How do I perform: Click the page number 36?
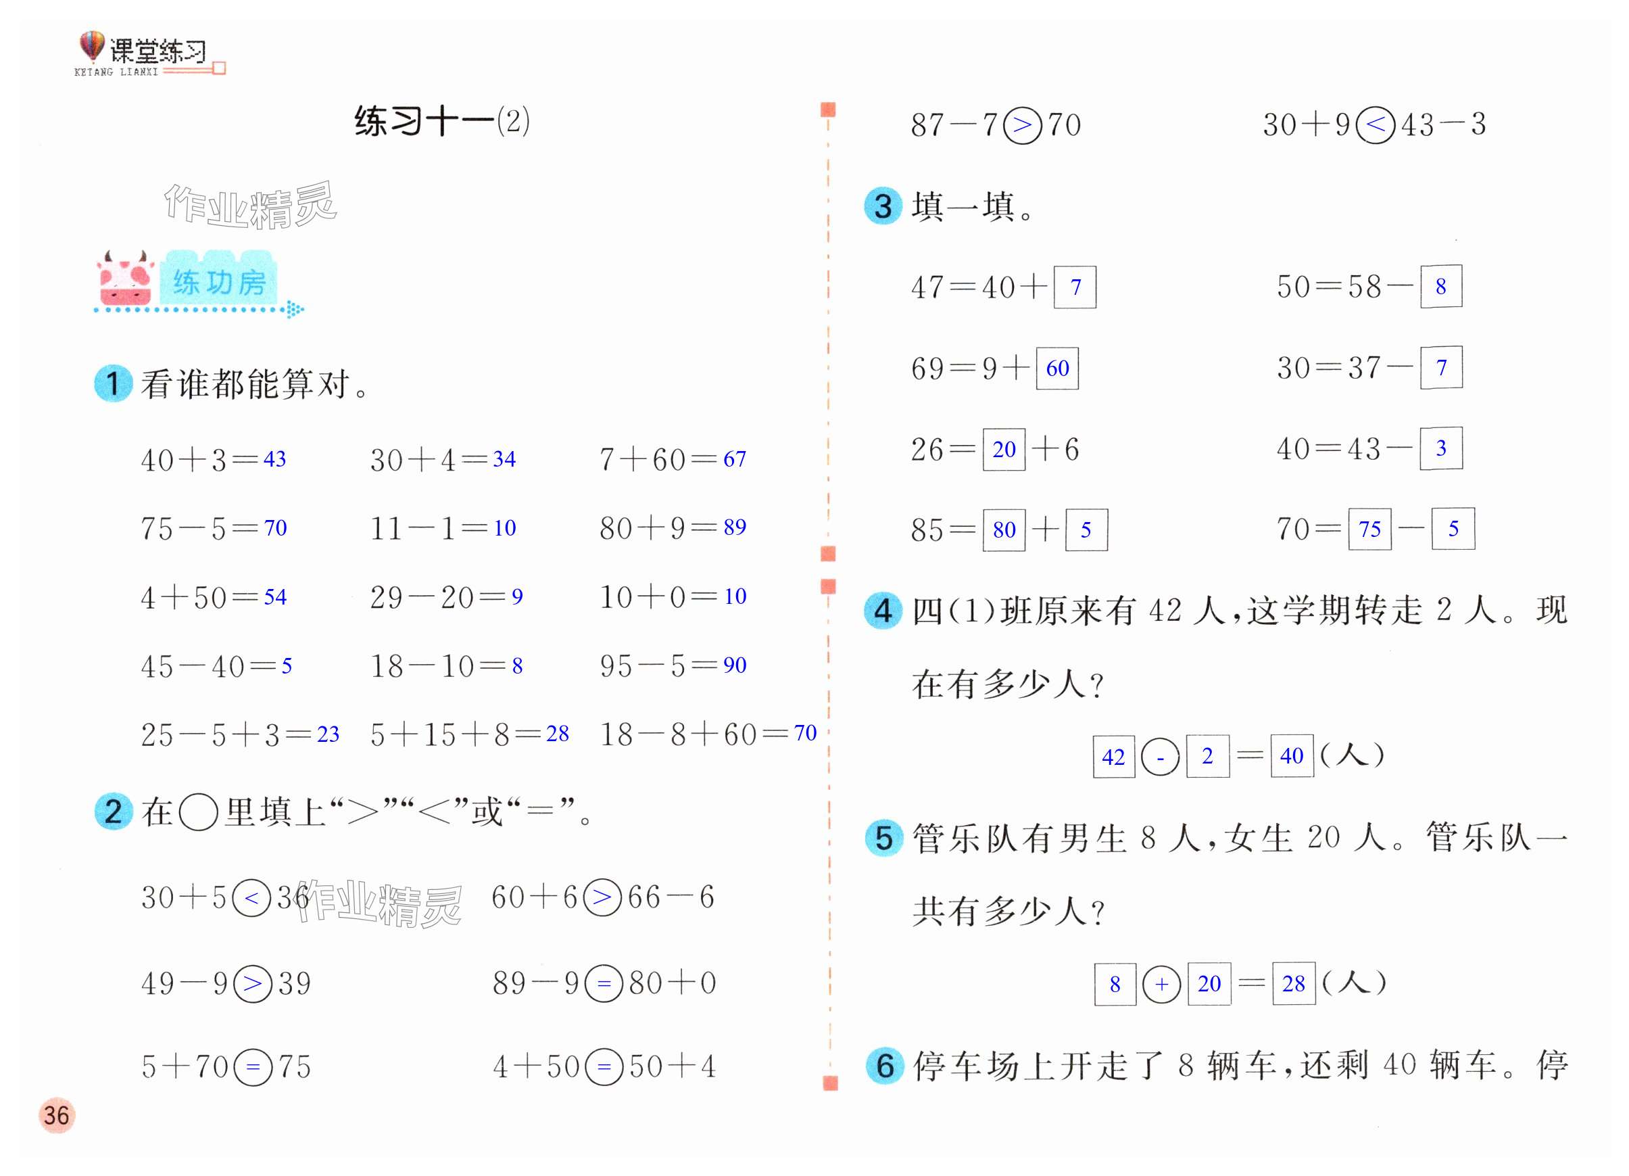(x=56, y=1115)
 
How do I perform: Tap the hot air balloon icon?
(x=91, y=46)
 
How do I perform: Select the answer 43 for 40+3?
(x=274, y=459)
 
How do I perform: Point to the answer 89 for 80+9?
(x=734, y=527)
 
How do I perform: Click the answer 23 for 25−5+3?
(x=328, y=734)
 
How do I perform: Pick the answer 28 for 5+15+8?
(x=558, y=734)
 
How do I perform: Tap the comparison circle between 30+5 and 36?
(x=252, y=897)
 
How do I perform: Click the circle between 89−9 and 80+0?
(x=604, y=983)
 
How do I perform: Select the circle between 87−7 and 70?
(x=1022, y=125)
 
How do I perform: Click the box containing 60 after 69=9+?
(x=1057, y=369)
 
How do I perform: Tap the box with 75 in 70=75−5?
(x=1369, y=529)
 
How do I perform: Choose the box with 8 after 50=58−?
(x=1441, y=287)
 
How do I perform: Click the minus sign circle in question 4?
(x=1160, y=757)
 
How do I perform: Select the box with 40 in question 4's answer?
(x=1292, y=756)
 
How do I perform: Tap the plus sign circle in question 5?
(x=1161, y=983)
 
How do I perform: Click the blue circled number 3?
(x=883, y=206)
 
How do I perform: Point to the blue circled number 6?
(x=884, y=1065)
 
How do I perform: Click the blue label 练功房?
(x=219, y=281)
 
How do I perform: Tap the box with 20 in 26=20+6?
(x=1003, y=450)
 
